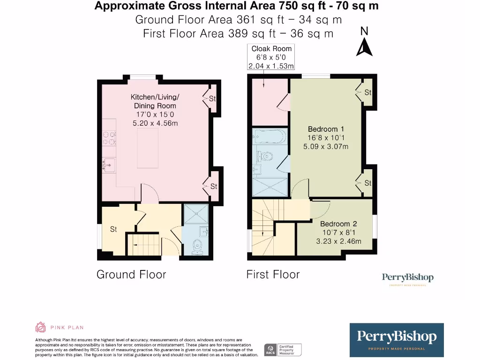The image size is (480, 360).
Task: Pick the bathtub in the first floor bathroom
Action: click(269, 137)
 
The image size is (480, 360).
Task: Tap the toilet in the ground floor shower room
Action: click(197, 246)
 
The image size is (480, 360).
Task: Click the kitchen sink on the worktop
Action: click(109, 165)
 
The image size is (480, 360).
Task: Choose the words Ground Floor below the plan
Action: click(131, 274)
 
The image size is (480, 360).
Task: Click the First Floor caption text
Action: click(273, 274)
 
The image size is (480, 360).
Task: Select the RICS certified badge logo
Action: click(283, 349)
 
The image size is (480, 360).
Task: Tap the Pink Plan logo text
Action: click(67, 328)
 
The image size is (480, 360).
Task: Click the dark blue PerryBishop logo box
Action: click(397, 339)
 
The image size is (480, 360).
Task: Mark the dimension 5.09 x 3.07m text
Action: click(326, 146)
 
